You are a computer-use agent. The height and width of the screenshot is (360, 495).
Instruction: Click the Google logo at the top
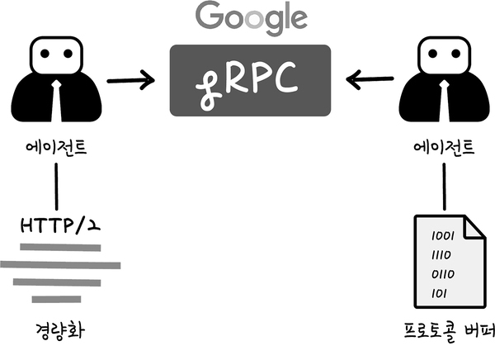tap(252, 17)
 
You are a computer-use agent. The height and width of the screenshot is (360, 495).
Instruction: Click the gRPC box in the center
tap(250, 80)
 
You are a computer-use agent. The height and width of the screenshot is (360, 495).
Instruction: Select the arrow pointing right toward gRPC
tap(130, 80)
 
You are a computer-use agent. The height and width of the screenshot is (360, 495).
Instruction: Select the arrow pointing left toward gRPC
tap(370, 79)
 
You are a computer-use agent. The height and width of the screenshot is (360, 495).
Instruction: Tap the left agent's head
tap(56, 55)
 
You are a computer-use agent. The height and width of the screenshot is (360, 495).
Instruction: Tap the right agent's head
tap(444, 55)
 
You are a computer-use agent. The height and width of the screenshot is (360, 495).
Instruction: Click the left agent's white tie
tap(56, 101)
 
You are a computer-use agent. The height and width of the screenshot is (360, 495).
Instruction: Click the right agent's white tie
tap(444, 101)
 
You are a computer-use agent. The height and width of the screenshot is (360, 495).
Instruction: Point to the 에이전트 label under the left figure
tap(56, 147)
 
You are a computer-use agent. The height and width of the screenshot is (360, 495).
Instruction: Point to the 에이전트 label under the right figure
tap(444, 147)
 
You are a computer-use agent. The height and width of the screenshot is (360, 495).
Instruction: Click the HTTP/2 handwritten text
tap(60, 225)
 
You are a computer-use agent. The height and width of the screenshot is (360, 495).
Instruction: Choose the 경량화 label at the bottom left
tap(59, 331)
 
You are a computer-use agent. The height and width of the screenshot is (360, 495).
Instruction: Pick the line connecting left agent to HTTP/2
tap(56, 187)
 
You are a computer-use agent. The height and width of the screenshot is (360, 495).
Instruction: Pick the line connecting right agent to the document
tap(444, 187)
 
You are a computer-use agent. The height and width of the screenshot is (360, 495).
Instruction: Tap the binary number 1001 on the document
tap(443, 236)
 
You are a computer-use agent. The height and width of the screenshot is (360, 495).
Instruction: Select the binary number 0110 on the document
tap(443, 274)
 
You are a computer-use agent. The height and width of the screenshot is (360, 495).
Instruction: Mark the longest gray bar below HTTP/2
tap(60, 265)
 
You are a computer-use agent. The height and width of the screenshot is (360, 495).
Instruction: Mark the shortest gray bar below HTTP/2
tap(56, 299)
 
